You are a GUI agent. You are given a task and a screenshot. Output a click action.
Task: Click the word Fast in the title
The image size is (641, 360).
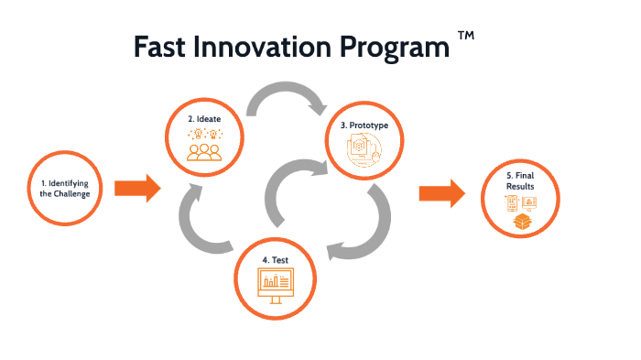click(x=164, y=48)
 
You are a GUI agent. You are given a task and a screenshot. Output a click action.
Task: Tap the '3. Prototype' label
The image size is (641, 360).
click(x=364, y=125)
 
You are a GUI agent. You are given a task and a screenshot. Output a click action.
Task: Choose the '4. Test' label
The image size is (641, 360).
click(x=276, y=260)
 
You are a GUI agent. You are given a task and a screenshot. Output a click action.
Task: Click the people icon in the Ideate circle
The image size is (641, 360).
click(x=204, y=151)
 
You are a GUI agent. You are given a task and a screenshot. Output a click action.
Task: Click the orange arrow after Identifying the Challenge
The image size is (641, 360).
click(x=137, y=189)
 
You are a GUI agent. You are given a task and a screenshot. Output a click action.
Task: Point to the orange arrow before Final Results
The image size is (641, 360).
click(x=441, y=192)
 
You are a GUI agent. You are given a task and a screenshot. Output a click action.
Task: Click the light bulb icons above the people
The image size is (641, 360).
click(x=204, y=135)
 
